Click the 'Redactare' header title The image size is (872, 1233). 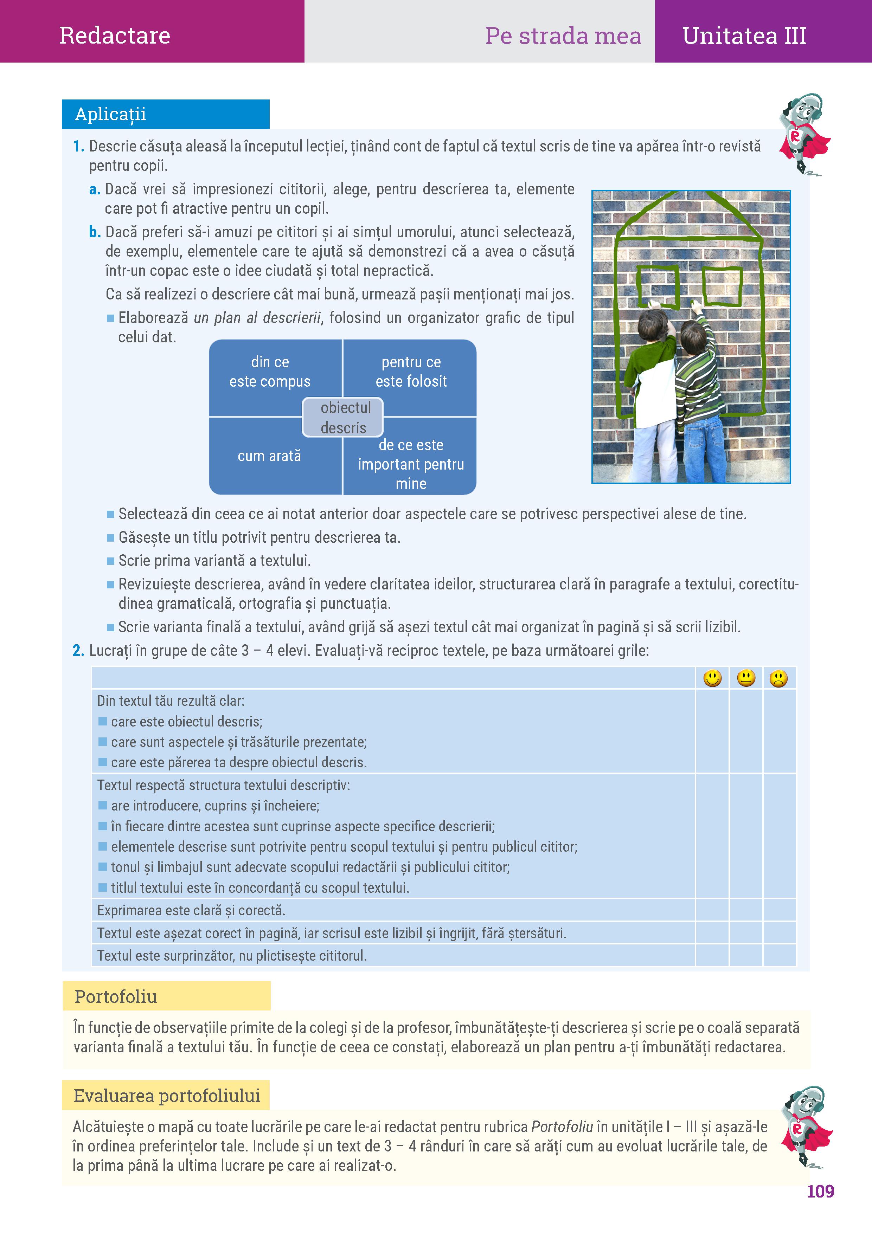114,35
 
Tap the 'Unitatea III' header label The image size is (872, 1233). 744,36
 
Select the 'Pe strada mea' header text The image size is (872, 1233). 563,36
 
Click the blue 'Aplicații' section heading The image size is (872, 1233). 111,114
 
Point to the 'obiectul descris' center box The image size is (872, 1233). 343,417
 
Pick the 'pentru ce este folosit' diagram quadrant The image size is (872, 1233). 411,372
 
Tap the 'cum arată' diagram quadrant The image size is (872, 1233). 269,456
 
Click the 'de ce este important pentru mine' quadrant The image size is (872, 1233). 411,464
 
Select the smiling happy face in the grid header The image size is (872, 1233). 712,678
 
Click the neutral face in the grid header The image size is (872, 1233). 746,678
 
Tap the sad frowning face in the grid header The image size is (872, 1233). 778,679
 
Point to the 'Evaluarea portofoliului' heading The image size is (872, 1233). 167,1096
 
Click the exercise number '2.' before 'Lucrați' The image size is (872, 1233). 78,651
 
